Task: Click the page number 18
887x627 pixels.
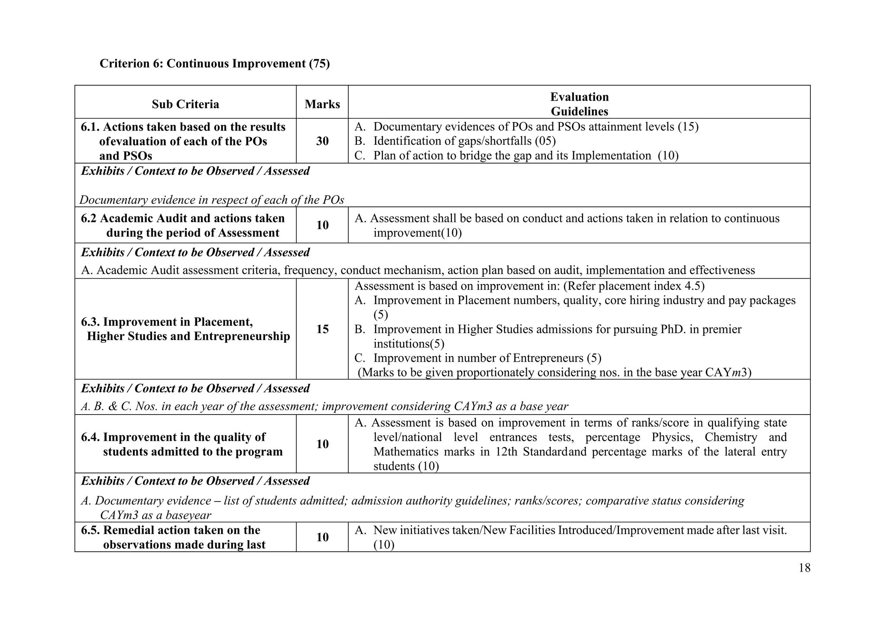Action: pos(804,568)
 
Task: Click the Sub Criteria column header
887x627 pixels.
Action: pos(185,104)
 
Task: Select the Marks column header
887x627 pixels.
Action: pos(322,104)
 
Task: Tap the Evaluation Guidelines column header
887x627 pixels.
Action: pos(579,104)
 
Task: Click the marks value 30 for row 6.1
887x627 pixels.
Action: pos(322,141)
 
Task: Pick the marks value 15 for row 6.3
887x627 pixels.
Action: pos(322,329)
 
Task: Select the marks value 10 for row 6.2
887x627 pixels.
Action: pos(322,225)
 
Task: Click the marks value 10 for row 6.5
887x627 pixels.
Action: pos(322,537)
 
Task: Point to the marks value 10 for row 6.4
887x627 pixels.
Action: pos(322,444)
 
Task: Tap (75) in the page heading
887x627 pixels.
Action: pos(319,64)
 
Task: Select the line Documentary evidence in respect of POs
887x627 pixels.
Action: pos(212,200)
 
